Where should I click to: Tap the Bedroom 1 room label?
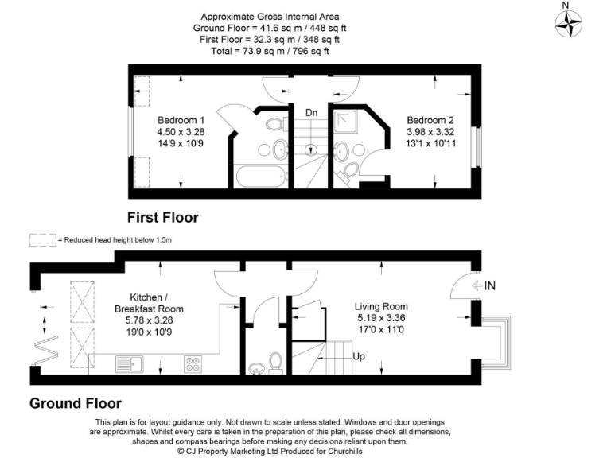[181, 120]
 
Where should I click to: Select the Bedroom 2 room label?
[429, 120]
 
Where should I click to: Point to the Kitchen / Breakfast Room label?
[149, 303]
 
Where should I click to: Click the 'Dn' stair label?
[312, 114]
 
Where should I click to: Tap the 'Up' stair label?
[359, 356]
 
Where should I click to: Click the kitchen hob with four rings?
[193, 364]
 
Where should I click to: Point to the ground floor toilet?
[276, 362]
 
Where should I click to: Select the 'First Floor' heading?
[163, 217]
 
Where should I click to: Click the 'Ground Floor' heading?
[76, 403]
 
